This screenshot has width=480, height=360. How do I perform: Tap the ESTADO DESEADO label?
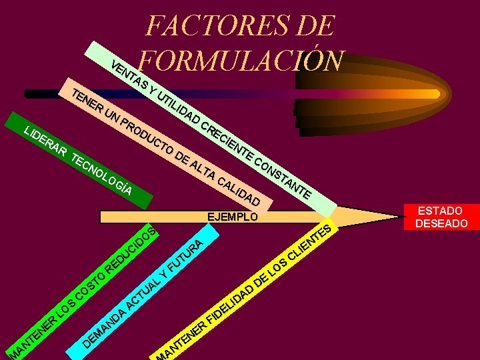tap(441, 217)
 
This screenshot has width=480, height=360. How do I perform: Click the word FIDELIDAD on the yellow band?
tap(231, 305)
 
